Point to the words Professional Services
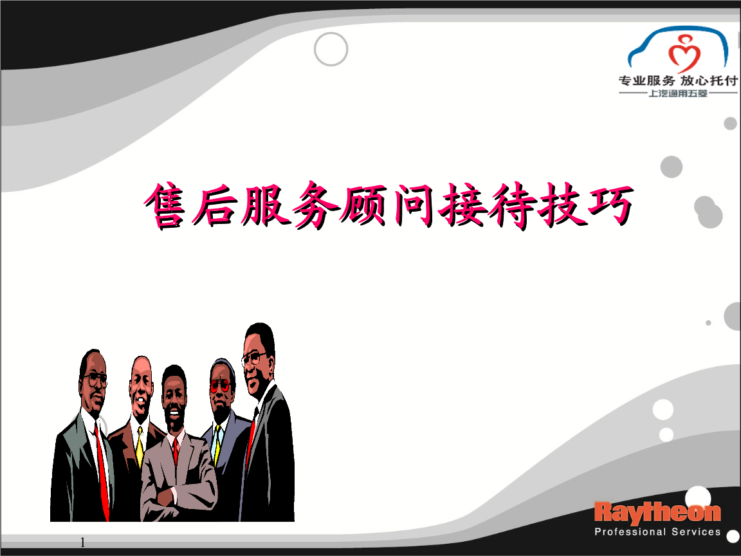click(x=657, y=532)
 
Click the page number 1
click(x=83, y=542)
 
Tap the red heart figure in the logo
click(x=684, y=53)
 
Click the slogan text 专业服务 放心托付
click(x=678, y=80)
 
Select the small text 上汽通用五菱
click(x=678, y=93)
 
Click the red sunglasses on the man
click(x=220, y=385)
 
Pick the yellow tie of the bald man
click(x=140, y=447)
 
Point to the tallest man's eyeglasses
click(x=253, y=358)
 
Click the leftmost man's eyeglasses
click(x=96, y=379)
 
